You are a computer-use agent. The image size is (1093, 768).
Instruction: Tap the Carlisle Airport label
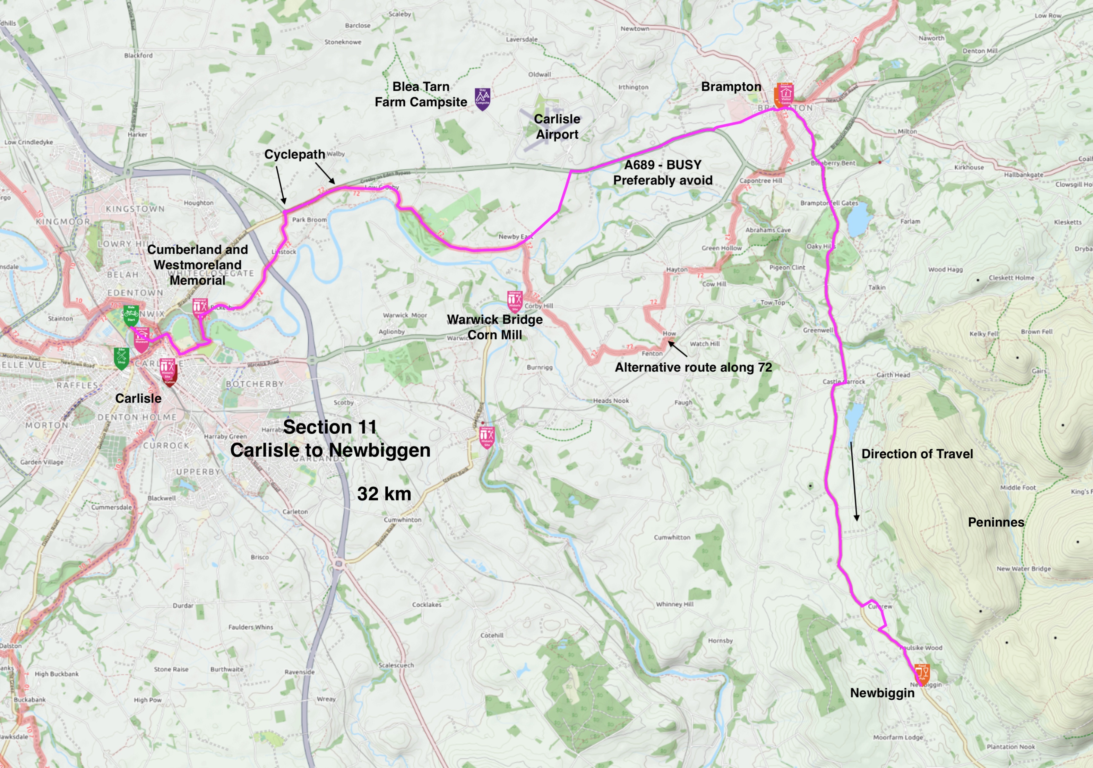[557, 127]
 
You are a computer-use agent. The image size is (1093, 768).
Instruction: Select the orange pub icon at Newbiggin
[922, 674]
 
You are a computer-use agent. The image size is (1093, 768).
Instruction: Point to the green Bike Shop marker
[121, 358]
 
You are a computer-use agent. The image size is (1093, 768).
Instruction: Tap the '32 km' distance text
[384, 494]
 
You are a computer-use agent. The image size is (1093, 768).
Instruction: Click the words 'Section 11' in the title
[330, 427]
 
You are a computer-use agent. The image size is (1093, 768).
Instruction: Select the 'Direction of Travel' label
[917, 454]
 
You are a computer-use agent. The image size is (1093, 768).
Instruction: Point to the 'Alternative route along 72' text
[693, 367]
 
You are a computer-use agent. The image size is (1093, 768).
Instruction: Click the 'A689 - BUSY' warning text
[663, 165]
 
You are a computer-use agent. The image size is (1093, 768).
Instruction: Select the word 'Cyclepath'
[295, 154]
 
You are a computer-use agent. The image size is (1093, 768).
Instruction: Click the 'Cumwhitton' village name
[672, 537]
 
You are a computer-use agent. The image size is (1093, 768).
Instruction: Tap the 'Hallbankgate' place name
[1023, 175]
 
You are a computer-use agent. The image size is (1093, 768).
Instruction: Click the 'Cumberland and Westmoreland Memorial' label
[198, 265]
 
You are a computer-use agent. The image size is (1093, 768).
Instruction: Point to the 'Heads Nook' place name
[611, 401]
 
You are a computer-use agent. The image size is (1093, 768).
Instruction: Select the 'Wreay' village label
[326, 699]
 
